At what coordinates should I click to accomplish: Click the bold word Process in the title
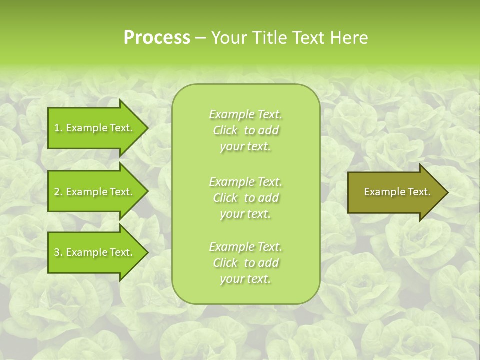157,38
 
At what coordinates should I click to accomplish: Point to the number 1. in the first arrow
58,128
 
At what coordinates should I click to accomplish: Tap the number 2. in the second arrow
58,192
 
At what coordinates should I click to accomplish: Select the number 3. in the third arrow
58,252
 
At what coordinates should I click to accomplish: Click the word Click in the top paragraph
225,131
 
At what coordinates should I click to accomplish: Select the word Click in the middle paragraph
225,198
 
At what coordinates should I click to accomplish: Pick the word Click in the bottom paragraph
225,263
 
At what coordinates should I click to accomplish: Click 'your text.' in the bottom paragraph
245,279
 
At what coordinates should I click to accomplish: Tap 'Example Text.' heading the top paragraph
245,114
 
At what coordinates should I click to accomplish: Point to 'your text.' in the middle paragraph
245,214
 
